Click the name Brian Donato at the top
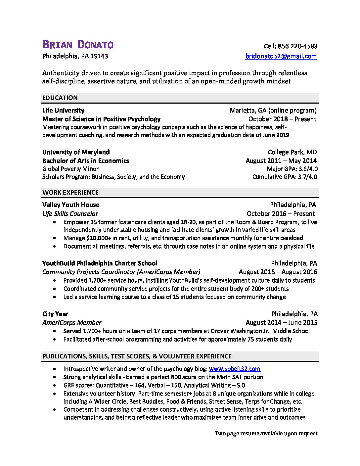point(78,45)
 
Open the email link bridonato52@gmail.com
point(281,56)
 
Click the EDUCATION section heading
point(60,98)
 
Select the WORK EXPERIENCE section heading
point(70,192)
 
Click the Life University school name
point(63,110)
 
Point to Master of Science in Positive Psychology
point(101,119)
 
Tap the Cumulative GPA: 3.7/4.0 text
point(285,177)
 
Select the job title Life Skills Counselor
point(70,213)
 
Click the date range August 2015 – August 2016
point(278,272)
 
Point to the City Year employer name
point(55,314)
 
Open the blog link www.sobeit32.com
point(235,369)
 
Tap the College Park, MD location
point(292,152)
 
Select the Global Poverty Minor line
point(70,169)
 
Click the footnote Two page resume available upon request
point(266,433)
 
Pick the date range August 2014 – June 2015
point(281,323)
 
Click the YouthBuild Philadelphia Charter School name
point(100,263)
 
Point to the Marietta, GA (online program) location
point(273,110)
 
